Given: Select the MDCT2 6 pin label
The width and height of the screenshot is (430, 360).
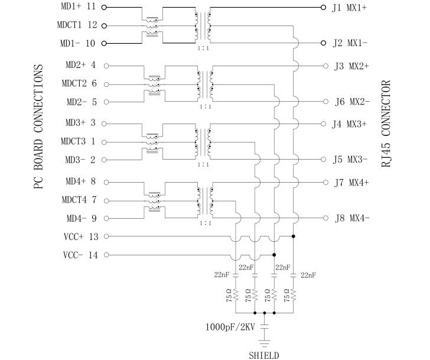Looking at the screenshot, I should point(77,83).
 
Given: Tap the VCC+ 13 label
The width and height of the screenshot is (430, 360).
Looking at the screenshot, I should point(80,237).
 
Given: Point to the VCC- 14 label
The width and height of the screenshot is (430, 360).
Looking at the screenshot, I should point(80,255).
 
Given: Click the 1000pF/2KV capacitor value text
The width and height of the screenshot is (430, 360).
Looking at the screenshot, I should point(230,326).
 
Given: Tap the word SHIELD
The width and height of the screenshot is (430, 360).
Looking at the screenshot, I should point(264,355).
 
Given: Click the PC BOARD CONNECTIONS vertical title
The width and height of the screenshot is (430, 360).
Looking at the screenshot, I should point(38,127).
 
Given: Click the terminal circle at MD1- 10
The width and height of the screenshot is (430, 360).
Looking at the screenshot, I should point(105,44).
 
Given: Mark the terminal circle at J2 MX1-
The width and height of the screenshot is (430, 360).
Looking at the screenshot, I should point(323,43).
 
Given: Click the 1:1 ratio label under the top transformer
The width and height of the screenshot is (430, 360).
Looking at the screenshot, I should point(203,49).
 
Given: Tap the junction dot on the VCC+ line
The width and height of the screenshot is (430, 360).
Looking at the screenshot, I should point(294,236).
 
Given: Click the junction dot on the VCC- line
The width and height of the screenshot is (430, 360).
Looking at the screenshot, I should point(274,255).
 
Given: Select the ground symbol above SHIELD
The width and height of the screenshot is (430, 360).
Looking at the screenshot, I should point(264,341).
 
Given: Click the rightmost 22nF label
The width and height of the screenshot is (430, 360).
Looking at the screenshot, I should point(308,275).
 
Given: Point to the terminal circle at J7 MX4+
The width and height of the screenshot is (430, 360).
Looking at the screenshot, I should point(324,182).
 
